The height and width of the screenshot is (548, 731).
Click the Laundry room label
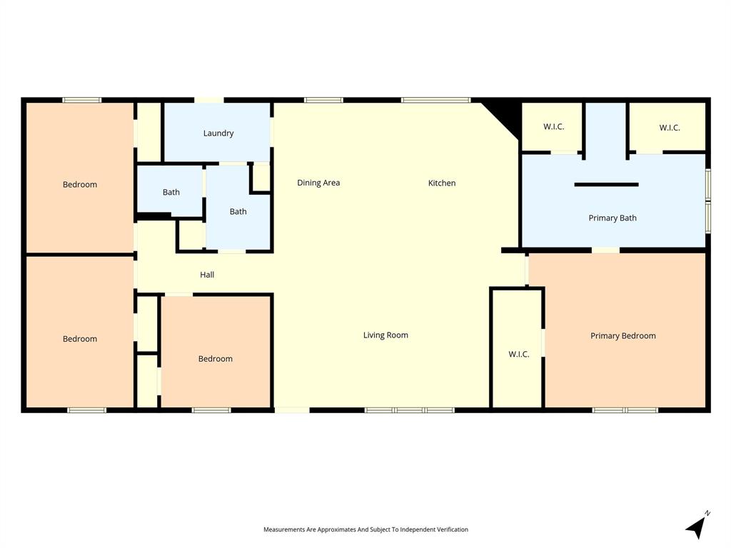(218, 133)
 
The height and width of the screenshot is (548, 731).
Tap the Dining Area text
(318, 183)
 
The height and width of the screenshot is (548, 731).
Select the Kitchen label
(441, 183)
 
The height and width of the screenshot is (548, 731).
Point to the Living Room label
(385, 335)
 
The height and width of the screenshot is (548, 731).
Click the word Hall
(207, 275)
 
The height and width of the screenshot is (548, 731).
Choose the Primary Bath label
(612, 218)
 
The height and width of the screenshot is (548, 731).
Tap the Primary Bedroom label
(622, 336)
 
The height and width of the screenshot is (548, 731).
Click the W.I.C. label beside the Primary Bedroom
(519, 354)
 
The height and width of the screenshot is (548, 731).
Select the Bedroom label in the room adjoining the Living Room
(215, 359)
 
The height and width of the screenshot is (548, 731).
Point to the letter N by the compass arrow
(707, 513)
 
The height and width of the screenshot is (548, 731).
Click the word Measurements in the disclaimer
(284, 529)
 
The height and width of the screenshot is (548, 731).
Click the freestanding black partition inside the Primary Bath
(606, 185)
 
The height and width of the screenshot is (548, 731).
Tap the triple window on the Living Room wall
(410, 410)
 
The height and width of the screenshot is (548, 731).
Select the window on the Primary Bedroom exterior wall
(625, 410)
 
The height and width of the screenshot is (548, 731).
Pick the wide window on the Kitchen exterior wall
(435, 100)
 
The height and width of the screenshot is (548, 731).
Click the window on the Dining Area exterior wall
(323, 100)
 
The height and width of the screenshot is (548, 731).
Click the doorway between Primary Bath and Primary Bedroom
(605, 250)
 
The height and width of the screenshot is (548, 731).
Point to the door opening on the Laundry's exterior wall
(209, 100)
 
